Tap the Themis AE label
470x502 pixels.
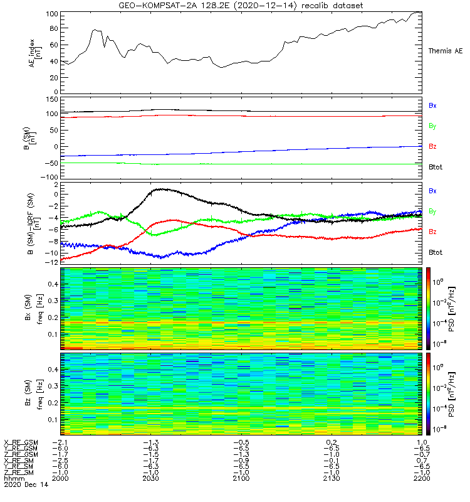coord(446,50)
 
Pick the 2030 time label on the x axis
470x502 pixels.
coord(151,478)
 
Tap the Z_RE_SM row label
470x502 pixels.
coord(19,473)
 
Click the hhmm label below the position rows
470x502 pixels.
coord(13,478)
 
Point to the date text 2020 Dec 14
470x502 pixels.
coord(25,484)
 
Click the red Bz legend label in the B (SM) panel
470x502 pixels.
coord(432,146)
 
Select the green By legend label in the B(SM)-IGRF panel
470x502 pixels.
coord(432,211)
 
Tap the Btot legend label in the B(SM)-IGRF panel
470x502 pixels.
coord(436,252)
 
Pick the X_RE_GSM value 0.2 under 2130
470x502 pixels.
coord(333,442)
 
